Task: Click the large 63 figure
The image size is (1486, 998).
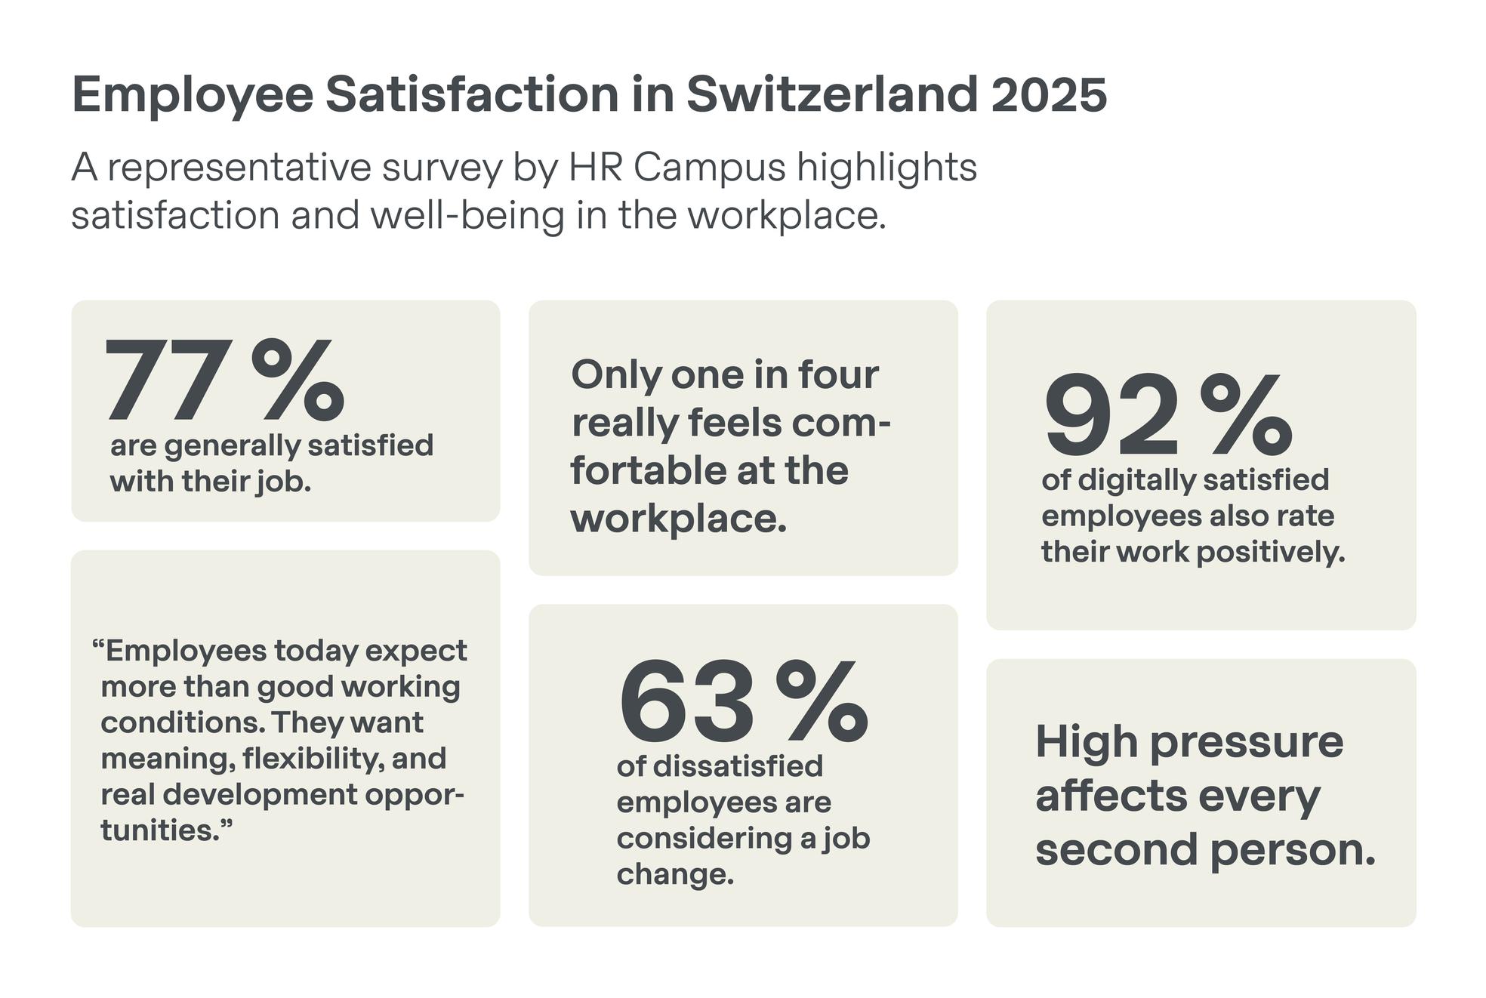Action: (x=686, y=701)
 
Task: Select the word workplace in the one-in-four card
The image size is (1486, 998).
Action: (x=678, y=519)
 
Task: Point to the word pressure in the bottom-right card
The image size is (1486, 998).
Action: (x=1247, y=741)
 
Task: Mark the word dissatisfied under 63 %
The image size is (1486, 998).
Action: (x=738, y=766)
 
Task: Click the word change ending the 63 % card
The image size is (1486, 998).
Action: (x=674, y=874)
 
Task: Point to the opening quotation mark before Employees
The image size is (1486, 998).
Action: (x=97, y=646)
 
